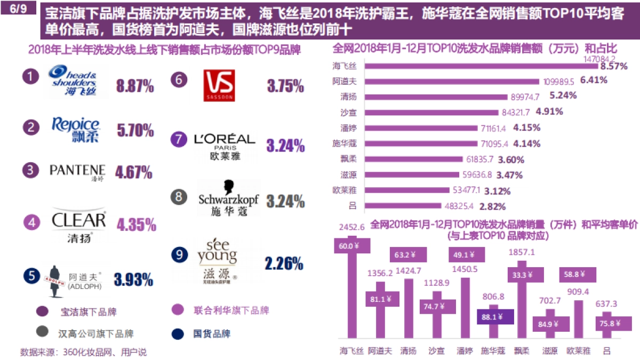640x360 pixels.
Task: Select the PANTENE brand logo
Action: pyautogui.click(x=77, y=171)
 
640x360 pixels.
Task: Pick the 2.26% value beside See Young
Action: pyautogui.click(x=284, y=263)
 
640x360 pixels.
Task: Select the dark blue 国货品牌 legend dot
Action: pyautogui.click(x=178, y=334)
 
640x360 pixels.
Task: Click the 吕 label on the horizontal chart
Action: pyautogui.click(x=353, y=205)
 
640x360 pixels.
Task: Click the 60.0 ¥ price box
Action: pyautogui.click(x=349, y=246)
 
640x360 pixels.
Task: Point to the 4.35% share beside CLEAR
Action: pyautogui.click(x=136, y=224)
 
